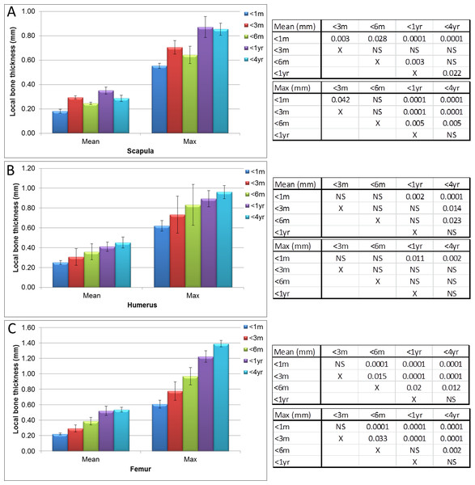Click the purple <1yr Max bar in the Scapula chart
(x=206, y=80)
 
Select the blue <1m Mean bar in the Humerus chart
(x=61, y=275)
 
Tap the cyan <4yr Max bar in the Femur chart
(x=221, y=397)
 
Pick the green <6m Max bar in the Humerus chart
(x=193, y=246)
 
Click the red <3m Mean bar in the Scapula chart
(x=75, y=116)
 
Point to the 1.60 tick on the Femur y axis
(x=28, y=327)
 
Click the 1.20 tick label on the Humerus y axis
(x=28, y=169)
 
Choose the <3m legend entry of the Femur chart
(x=253, y=338)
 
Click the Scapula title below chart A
(x=140, y=151)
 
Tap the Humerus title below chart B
(x=142, y=305)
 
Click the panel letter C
(x=11, y=328)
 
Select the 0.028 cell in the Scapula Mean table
(x=377, y=39)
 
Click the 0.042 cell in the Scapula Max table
(x=341, y=100)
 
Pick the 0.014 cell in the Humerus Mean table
(x=452, y=209)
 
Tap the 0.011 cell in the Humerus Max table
(x=414, y=259)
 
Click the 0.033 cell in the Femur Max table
(x=377, y=439)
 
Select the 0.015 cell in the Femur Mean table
(x=376, y=377)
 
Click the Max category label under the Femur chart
(x=190, y=459)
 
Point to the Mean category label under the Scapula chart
(x=91, y=141)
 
